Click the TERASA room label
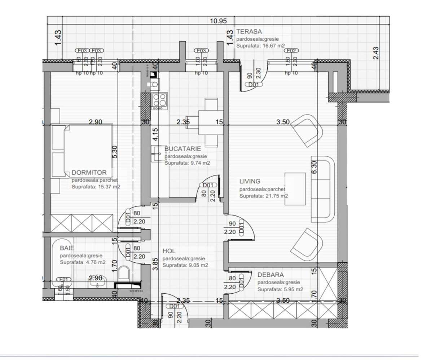point(249,32)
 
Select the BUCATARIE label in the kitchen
point(183,148)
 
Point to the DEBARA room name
point(271,275)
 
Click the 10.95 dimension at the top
point(218,21)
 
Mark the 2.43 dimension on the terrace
point(376,53)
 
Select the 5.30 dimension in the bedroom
point(115,152)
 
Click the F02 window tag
point(291,51)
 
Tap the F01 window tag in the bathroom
point(64,279)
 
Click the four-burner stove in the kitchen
point(159,101)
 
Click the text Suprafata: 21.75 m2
point(263,196)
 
